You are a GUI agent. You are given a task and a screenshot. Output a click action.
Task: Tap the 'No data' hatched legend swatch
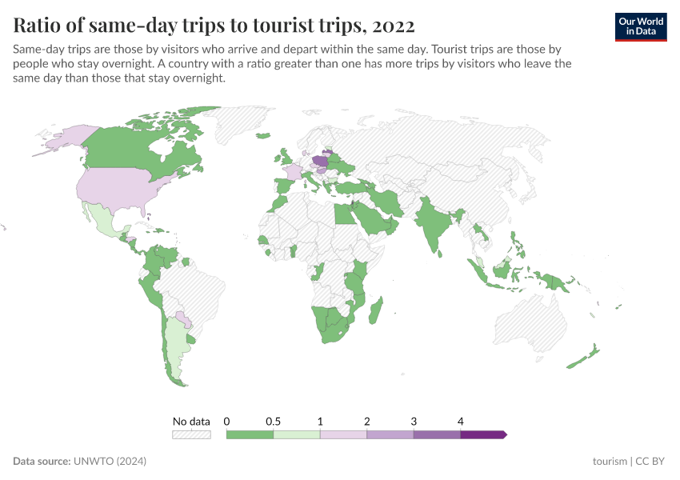point(191,434)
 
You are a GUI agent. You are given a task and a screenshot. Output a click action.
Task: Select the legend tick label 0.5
point(273,421)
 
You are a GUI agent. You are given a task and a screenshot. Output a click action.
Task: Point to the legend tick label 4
point(461,421)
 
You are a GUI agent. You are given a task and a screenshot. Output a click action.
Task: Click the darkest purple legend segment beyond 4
point(483,434)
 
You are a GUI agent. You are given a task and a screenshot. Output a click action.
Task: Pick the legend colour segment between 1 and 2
point(343,434)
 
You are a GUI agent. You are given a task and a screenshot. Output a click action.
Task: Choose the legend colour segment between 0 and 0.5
point(250,434)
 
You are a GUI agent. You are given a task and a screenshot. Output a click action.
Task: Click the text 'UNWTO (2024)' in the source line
point(110,462)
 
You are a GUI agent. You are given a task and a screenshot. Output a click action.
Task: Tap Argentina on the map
point(177,344)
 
